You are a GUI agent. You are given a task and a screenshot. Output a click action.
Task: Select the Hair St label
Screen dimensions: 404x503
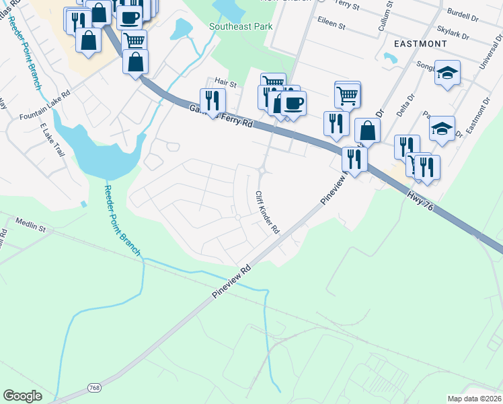226,83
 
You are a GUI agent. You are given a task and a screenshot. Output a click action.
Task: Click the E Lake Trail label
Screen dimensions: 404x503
51,139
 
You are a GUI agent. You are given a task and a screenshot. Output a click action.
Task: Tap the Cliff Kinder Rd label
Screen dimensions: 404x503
267,211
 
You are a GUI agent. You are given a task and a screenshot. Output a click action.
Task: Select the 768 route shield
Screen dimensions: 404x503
95,389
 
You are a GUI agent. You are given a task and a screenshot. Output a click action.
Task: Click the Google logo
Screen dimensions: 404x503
22,396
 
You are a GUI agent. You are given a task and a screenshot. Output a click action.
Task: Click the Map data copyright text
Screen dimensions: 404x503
475,398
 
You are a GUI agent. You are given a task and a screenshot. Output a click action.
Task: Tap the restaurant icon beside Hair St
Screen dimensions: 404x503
212,100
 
